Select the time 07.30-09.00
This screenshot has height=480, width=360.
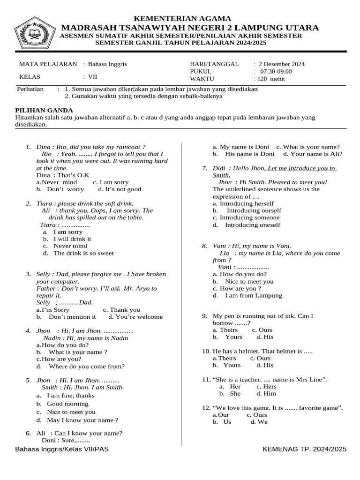[x=276, y=71]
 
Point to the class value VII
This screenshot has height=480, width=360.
[x=93, y=77]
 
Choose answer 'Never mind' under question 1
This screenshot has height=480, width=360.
[x=60, y=182]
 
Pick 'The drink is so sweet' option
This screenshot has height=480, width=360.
[x=83, y=253]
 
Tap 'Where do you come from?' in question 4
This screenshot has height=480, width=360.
[x=87, y=367]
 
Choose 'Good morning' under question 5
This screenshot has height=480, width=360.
[x=67, y=404]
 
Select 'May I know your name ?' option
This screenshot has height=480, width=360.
[x=82, y=420]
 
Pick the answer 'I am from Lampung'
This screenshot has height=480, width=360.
[x=254, y=296]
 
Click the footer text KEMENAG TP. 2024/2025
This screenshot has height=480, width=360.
[x=305, y=449]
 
